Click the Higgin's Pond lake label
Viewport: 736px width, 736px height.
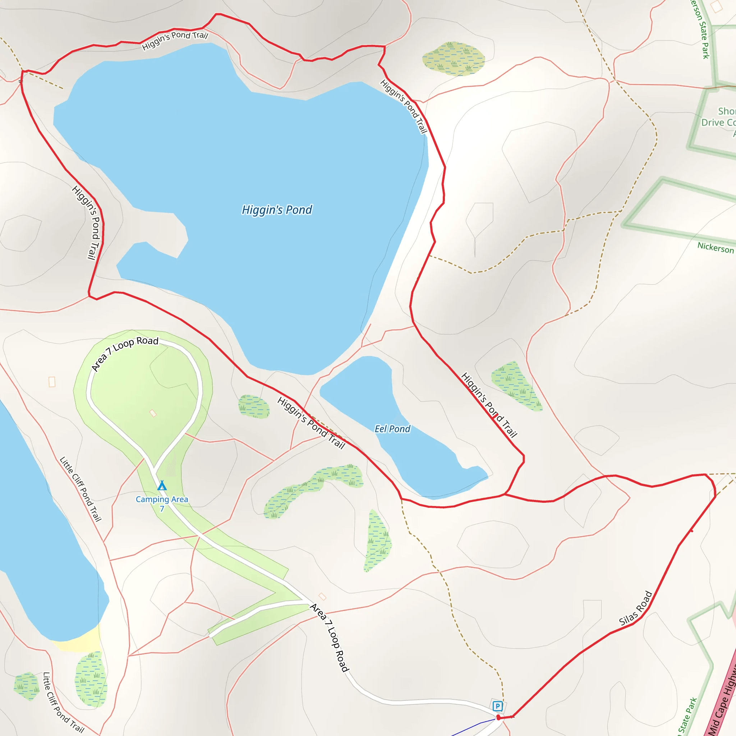[x=277, y=210]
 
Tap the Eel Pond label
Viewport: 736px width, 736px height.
[x=392, y=429]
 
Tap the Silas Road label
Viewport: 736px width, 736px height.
[x=635, y=608]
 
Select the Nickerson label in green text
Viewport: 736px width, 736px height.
[x=716, y=248]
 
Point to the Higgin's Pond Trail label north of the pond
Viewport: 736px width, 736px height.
[x=175, y=40]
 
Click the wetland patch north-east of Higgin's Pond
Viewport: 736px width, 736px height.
[x=453, y=59]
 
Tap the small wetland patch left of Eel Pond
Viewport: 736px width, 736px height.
[x=254, y=406]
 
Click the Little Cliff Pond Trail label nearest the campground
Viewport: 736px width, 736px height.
[x=81, y=489]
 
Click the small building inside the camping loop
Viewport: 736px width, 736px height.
[x=153, y=413]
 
